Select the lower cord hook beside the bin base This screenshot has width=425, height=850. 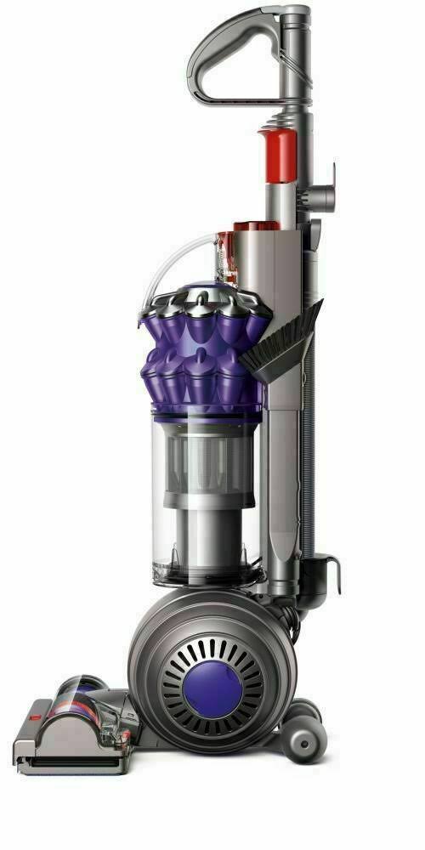[326, 571]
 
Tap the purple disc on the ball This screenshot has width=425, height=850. [221, 671]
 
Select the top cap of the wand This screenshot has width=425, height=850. [295, 13]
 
